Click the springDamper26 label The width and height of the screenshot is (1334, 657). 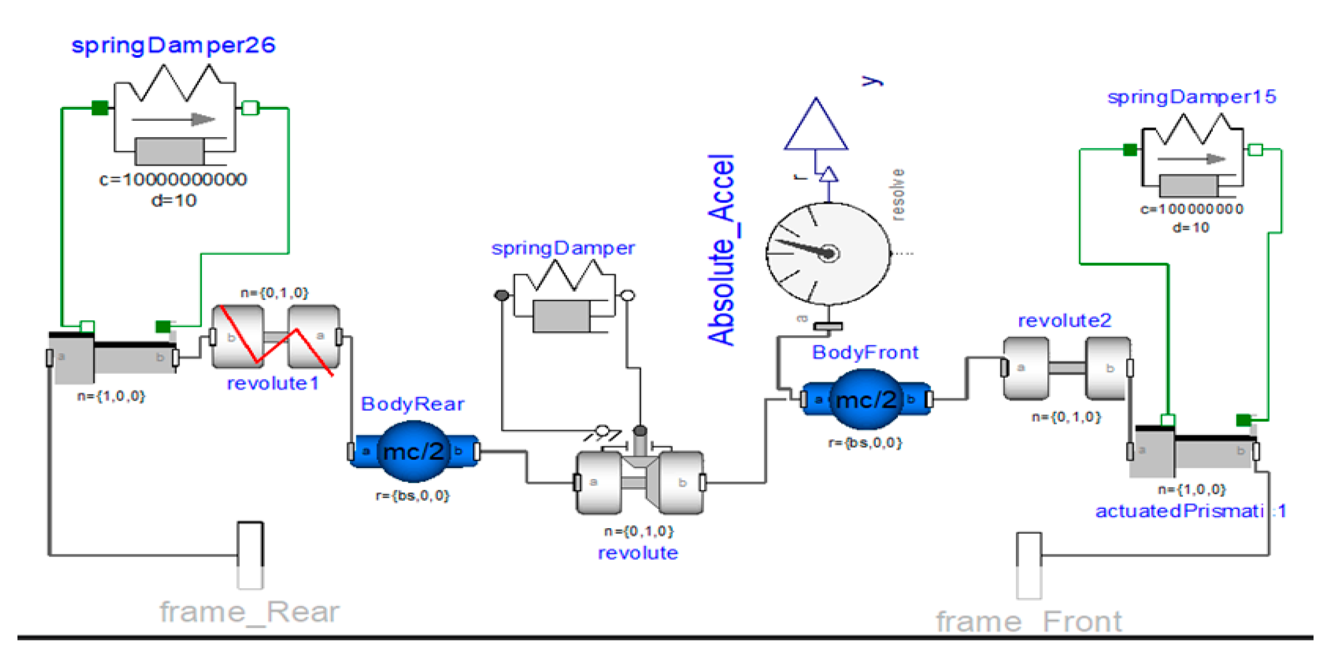click(174, 45)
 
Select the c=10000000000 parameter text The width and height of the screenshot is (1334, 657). click(173, 180)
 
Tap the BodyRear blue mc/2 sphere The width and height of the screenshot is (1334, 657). click(413, 452)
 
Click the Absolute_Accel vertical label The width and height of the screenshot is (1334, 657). click(722, 250)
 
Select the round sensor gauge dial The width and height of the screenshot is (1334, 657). click(828, 253)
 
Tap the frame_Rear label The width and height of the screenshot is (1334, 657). click(249, 612)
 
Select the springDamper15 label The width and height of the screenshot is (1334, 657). click(1192, 97)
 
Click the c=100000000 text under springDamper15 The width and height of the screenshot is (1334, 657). click(1192, 209)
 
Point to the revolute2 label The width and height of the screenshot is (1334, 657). click(1064, 321)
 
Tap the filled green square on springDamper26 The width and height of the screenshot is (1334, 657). click(100, 108)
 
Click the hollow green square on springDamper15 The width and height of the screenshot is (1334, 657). click(1255, 150)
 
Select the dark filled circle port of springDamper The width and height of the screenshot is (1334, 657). click(502, 295)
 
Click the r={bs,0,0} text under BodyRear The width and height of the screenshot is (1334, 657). click(412, 496)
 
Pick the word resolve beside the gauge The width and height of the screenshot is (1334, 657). click(897, 194)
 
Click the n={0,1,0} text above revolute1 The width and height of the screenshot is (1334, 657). click(275, 293)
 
